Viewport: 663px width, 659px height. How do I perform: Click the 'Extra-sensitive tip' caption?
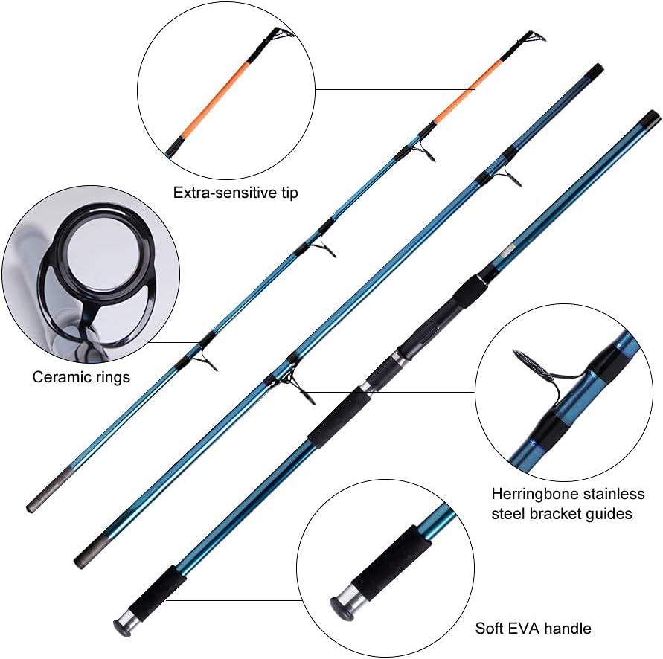(x=235, y=193)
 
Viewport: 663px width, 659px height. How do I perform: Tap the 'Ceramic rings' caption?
(x=81, y=377)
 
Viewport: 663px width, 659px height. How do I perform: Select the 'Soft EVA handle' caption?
(x=533, y=629)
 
